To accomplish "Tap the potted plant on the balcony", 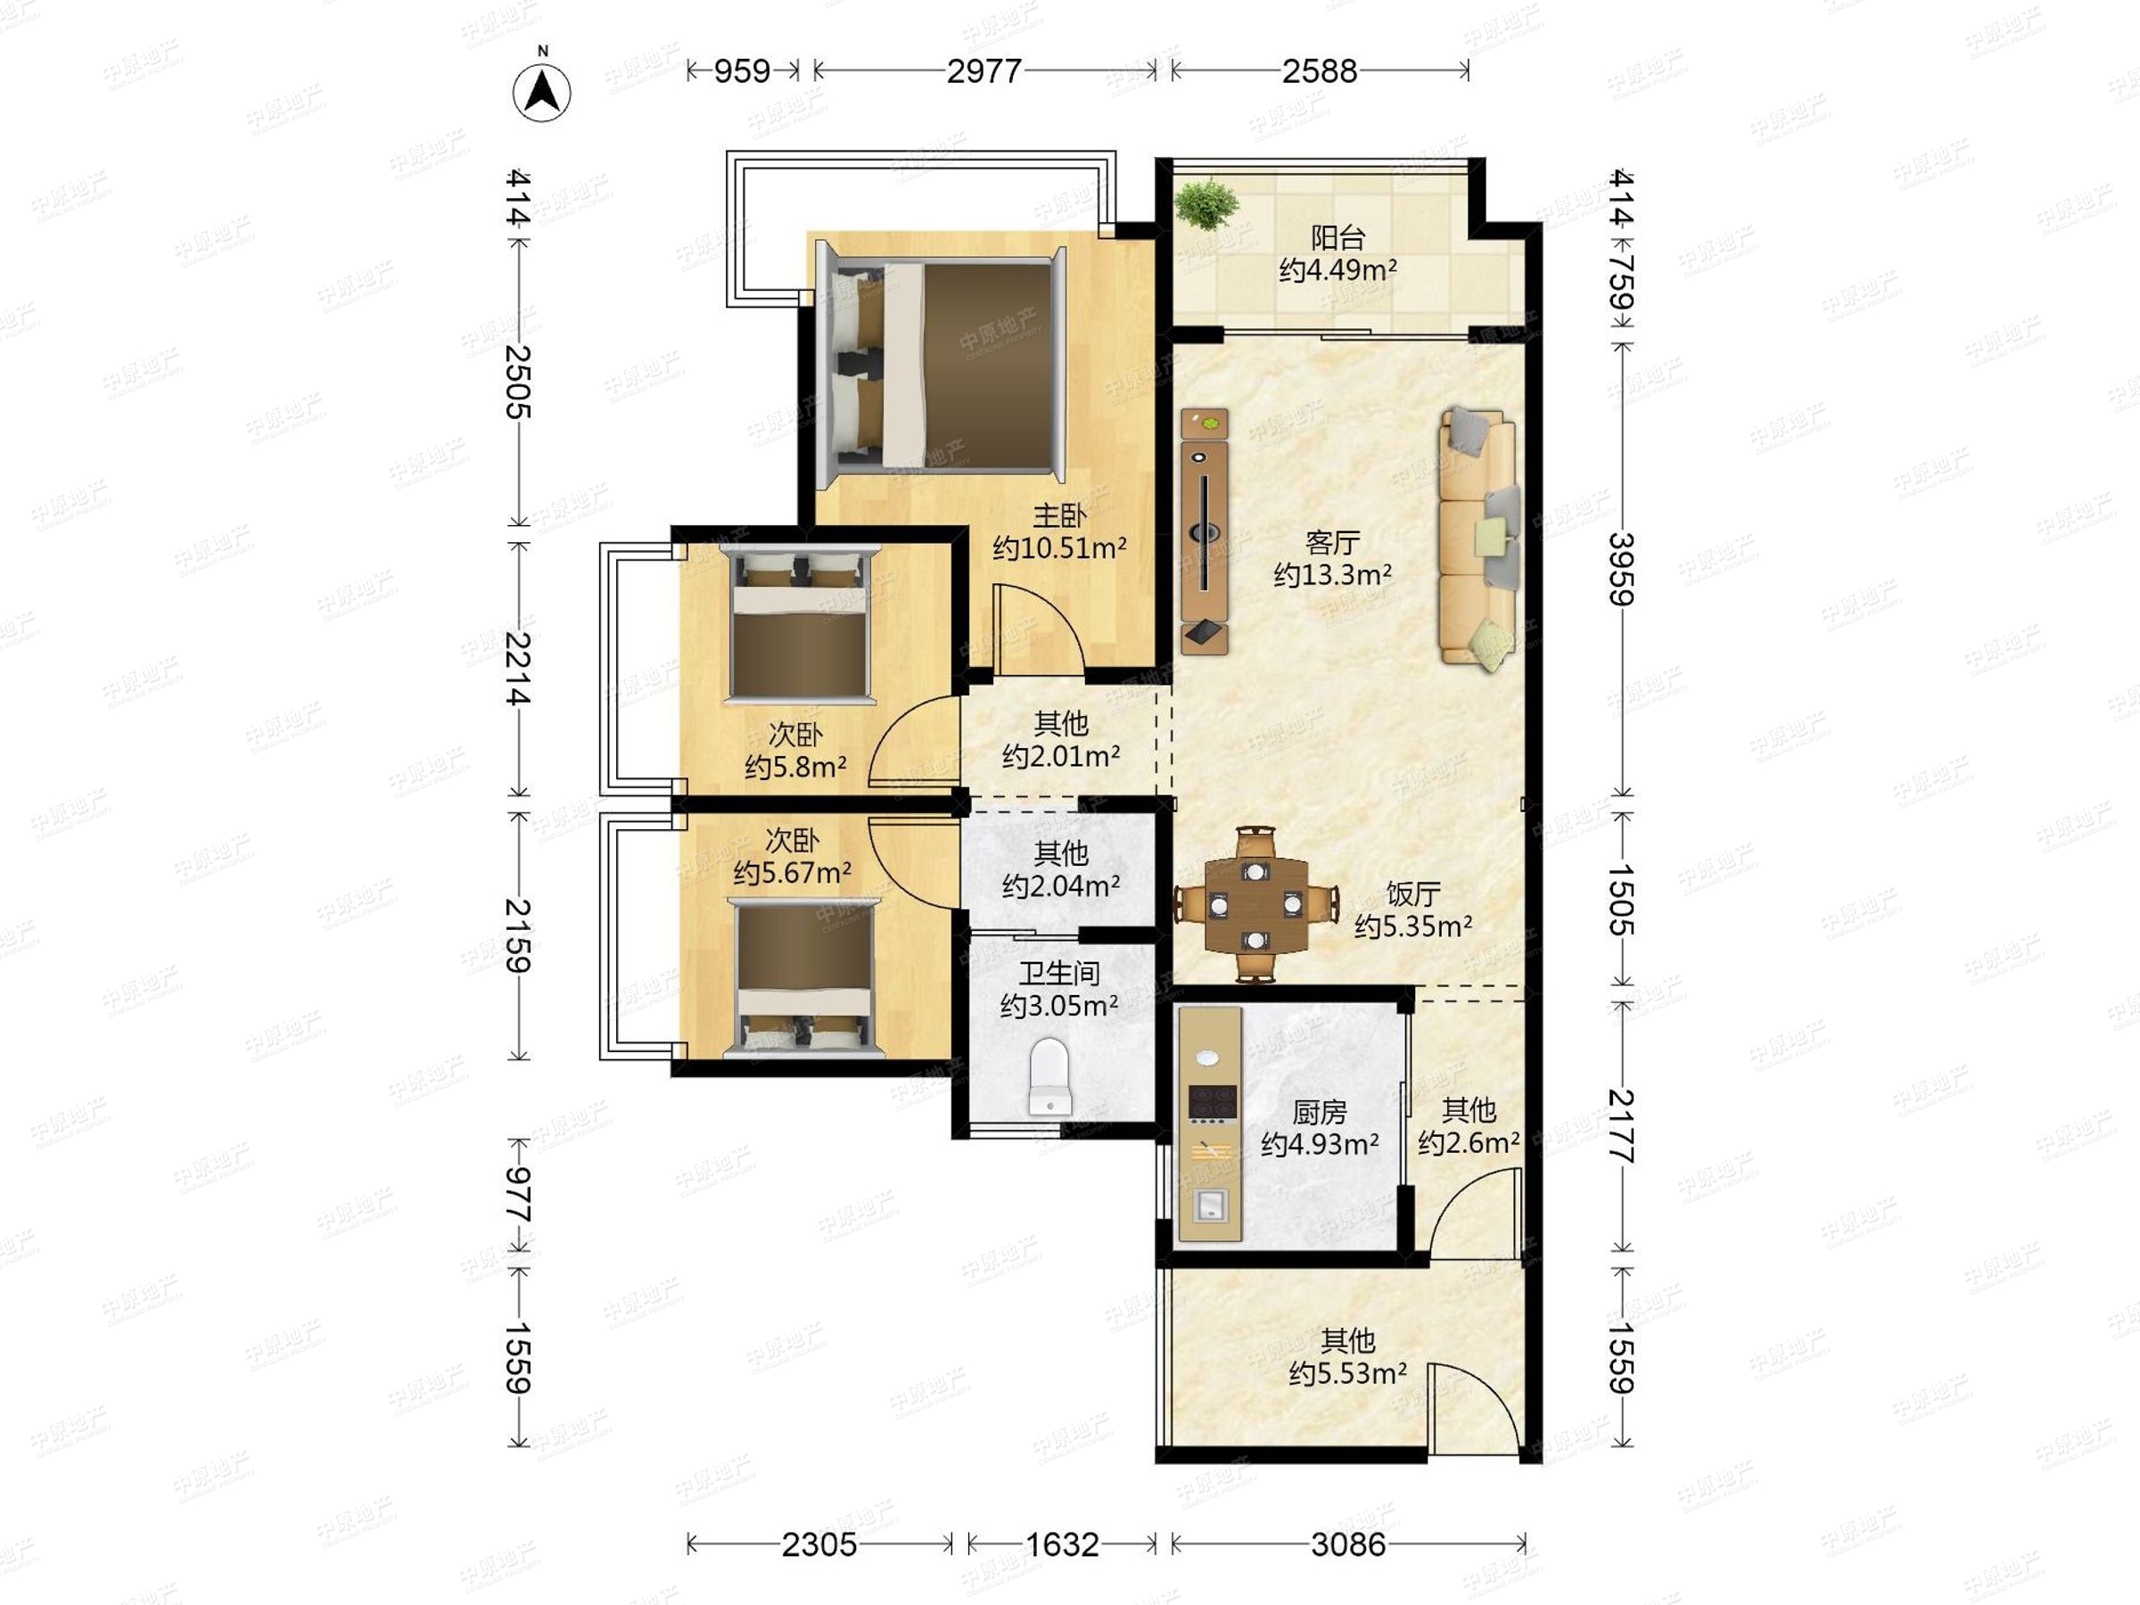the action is click(x=1206, y=204).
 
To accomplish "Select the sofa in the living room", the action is click(x=1477, y=538).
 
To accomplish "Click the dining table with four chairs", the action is click(x=1255, y=903).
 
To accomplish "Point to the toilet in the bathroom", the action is click(x=1049, y=1076).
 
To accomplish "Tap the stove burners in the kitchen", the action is click(x=1211, y=1102).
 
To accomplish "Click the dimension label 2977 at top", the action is click(x=984, y=70).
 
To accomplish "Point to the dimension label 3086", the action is click(x=1347, y=1545).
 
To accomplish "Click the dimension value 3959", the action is click(x=1620, y=570).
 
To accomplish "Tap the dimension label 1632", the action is click(x=1062, y=1545).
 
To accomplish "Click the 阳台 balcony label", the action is click(x=1338, y=237).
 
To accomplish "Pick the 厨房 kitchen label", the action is click(x=1320, y=1113).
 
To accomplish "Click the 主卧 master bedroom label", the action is click(x=1059, y=515).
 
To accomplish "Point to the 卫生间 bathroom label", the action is click(x=1059, y=974).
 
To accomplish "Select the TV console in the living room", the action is click(x=1205, y=531).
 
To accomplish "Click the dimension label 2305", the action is click(x=819, y=1545).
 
